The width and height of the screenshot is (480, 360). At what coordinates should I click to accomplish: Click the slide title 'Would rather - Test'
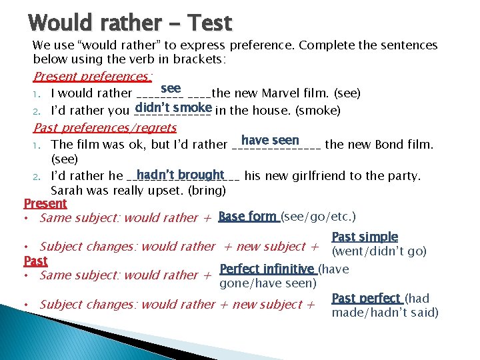pos(131,23)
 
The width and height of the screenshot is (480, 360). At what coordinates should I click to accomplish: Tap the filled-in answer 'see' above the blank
pos(171,89)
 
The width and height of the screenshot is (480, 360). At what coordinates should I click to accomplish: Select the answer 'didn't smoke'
pos(173,107)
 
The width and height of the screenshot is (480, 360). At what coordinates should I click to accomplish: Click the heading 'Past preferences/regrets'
pos(105,127)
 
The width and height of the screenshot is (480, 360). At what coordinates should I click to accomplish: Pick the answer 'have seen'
pos(270,140)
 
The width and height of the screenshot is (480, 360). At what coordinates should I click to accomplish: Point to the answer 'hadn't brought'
pos(181,175)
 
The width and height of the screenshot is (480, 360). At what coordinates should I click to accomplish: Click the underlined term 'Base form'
pos(247,217)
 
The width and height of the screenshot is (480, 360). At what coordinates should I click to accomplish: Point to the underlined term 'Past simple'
pos(365,237)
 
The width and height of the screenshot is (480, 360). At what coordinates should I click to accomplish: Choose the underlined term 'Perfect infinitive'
pos(267,269)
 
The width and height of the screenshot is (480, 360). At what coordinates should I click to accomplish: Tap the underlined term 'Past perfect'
pos(366,298)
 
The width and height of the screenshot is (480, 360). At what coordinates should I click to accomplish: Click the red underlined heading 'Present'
pos(45,203)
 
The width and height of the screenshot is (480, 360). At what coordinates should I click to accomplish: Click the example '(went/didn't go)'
pos(379,251)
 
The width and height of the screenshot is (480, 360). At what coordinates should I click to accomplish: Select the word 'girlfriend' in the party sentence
pos(331,176)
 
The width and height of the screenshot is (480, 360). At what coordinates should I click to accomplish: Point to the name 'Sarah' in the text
pos(69,190)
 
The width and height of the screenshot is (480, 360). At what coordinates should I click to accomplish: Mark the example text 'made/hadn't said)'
pos(385,313)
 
